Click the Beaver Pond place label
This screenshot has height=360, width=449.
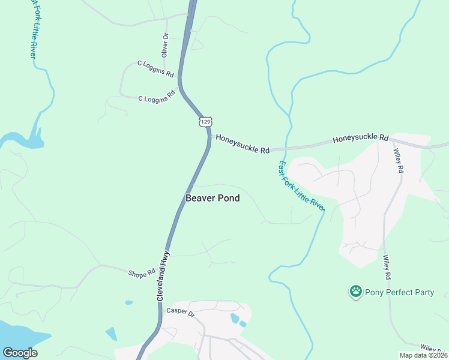click(x=212, y=198)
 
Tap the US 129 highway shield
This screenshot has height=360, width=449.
click(x=205, y=121)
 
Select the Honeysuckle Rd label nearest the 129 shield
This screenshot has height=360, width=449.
click(x=243, y=144)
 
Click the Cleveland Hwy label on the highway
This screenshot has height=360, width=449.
click(x=163, y=275)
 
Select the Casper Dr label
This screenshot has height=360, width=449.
click(x=181, y=312)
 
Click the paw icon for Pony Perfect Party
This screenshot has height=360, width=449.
click(x=355, y=292)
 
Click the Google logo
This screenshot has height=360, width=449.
click(x=20, y=352)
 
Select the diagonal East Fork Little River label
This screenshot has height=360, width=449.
click(x=301, y=185)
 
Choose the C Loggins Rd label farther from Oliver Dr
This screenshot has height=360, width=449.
click(x=157, y=95)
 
